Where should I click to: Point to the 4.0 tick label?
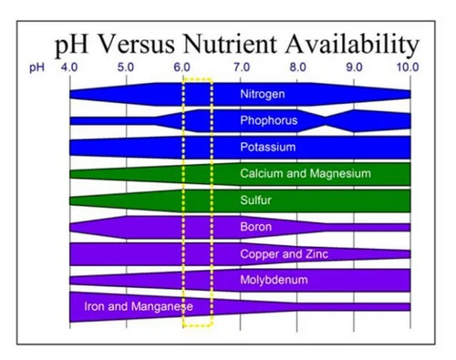tap(69, 67)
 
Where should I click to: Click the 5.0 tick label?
tap(126, 67)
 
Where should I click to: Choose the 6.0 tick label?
tap(182, 67)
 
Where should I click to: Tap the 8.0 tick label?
tap(297, 67)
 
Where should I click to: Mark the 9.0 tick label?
tap(354, 67)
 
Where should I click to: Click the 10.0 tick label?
tap(408, 67)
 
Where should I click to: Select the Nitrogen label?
tap(263, 94)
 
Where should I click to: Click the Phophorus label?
tap(268, 120)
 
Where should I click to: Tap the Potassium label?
tap(267, 147)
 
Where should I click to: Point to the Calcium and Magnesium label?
tap(305, 173)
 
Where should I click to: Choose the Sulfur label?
tap(257, 200)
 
